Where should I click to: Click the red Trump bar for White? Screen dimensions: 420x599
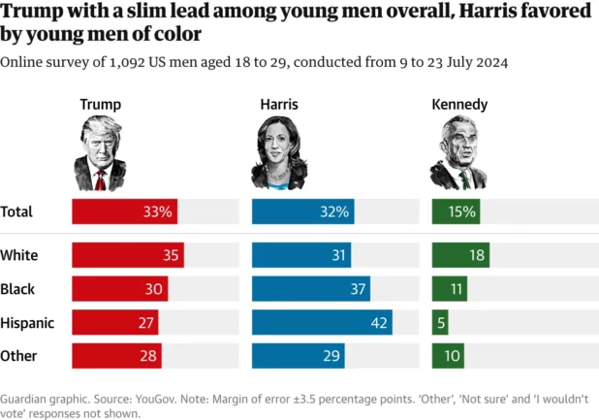tap(127, 255)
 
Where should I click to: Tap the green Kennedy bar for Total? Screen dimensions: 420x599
tap(456, 210)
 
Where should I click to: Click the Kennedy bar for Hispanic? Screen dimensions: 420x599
tap(440, 322)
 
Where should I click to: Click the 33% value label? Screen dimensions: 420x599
tap(158, 210)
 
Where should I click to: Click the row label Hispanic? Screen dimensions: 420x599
tap(27, 322)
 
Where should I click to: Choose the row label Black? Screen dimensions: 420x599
tap(18, 288)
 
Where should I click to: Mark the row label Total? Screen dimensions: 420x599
tap(17, 210)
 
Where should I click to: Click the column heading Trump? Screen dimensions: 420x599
tap(100, 104)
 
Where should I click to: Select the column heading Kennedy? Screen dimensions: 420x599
tap(460, 104)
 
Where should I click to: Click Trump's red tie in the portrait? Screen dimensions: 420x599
tap(100, 179)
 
